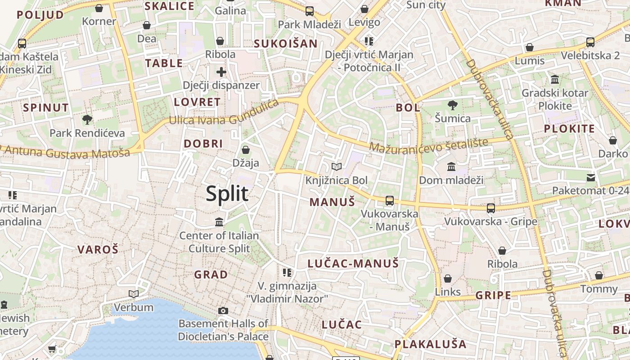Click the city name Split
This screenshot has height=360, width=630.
[227, 193]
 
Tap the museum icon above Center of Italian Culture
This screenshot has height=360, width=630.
[219, 222]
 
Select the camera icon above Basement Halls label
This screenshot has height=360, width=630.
[223, 310]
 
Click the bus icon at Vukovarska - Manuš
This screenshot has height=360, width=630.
[390, 201]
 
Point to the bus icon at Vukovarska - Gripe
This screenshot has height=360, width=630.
[491, 208]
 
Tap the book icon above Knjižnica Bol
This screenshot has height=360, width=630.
[337, 167]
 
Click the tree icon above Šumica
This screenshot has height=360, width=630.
[453, 105]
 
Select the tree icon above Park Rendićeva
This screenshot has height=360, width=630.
[87, 120]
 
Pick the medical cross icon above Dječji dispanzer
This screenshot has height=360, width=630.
[221, 72]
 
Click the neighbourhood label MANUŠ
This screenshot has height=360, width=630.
[333, 202]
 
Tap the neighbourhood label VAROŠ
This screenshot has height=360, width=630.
[98, 250]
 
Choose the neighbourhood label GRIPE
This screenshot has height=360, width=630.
[493, 295]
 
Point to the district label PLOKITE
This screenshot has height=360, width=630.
[569, 129]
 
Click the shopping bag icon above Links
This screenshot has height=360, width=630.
[448, 279]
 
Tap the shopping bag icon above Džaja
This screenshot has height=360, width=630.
[246, 150]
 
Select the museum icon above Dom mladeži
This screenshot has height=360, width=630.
[451, 167]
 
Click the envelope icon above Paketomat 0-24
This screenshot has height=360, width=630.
[591, 178]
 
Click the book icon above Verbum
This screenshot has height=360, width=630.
[133, 294]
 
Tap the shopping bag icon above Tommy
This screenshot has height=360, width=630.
[599, 275]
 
